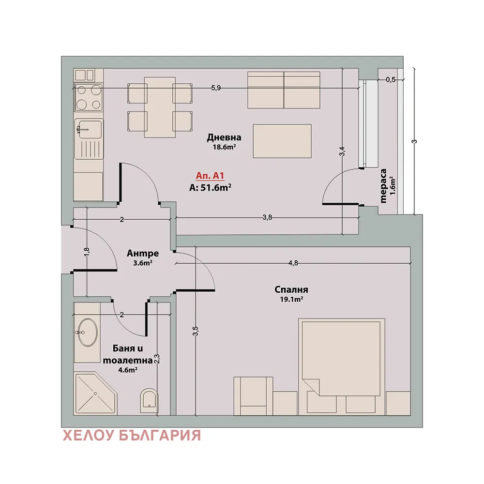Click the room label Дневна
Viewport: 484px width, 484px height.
(224, 137)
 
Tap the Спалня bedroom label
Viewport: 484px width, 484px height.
(291, 289)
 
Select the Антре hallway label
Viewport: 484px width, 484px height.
(143, 254)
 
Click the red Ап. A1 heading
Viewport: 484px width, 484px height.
(210, 176)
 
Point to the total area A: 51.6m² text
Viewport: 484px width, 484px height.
(210, 187)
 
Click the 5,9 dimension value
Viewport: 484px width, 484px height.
(216, 88)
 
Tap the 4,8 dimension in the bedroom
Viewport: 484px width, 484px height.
(293, 263)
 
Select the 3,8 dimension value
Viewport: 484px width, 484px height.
(267, 217)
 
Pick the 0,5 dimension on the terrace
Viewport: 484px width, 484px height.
(391, 80)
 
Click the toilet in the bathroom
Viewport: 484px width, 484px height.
(149, 400)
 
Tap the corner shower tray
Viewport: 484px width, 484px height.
(95, 393)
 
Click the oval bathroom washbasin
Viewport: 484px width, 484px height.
(87, 332)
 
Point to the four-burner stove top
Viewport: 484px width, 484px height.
(89, 97)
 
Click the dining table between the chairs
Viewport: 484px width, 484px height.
(160, 107)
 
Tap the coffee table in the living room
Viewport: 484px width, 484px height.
(282, 141)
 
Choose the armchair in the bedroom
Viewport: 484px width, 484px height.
(254, 396)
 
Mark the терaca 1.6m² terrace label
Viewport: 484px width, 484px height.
(387, 186)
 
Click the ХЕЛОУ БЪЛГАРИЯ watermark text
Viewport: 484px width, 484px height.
(132, 436)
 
